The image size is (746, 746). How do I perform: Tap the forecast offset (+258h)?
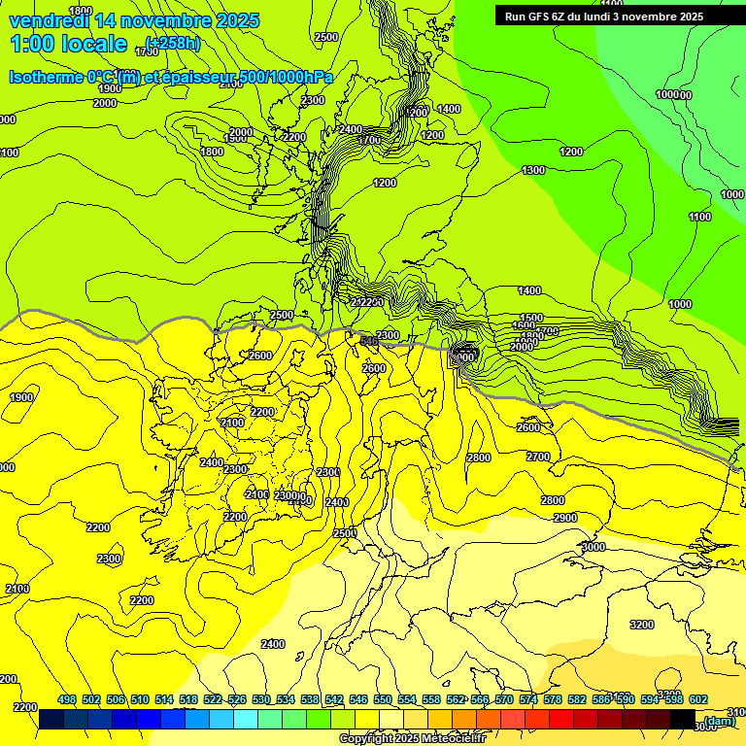(x=172, y=43)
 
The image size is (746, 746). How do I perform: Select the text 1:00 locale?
(x=69, y=44)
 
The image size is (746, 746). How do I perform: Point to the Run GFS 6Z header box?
(x=604, y=16)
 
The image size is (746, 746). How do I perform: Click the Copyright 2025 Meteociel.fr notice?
(x=412, y=739)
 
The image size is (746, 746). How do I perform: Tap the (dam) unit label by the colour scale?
(x=720, y=721)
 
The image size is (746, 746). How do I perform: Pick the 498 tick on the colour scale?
(x=67, y=699)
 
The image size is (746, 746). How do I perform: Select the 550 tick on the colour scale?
(x=383, y=699)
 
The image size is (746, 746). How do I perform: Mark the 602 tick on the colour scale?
(x=698, y=699)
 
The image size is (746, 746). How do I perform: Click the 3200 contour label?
(x=641, y=625)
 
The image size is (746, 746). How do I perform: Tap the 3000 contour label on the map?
(x=593, y=548)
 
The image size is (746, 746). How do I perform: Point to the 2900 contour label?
(x=565, y=519)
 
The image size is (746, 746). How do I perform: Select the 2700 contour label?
(x=537, y=457)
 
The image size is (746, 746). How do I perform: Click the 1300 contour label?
(x=533, y=171)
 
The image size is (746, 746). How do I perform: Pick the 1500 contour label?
(x=531, y=318)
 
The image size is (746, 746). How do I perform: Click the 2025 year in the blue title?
(x=237, y=20)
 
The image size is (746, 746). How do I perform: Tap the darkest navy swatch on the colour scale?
(x=51, y=720)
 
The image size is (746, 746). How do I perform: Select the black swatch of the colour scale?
(x=683, y=720)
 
